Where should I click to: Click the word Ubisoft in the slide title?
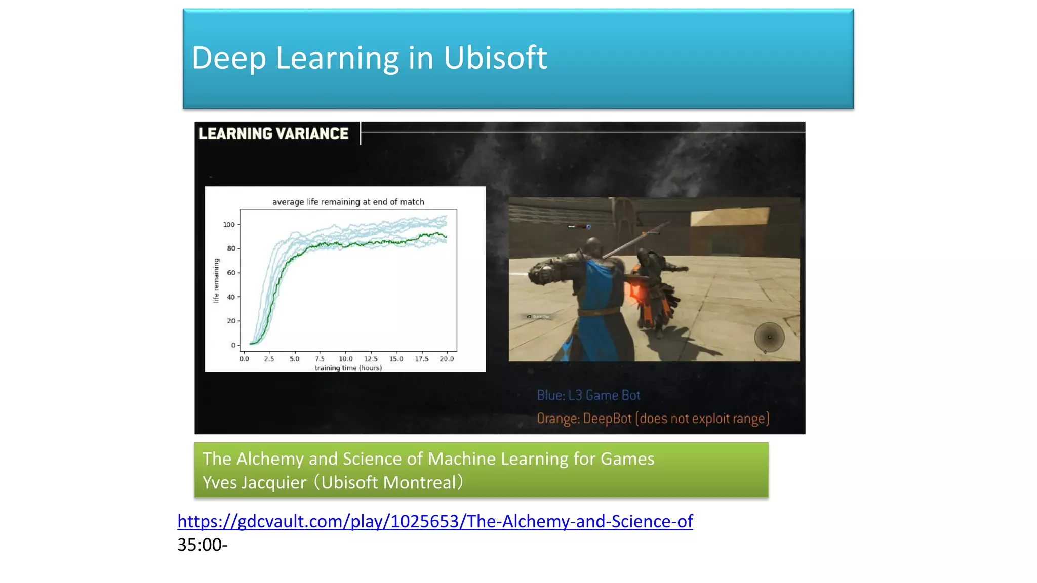[x=495, y=58]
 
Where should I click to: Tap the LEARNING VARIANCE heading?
[x=273, y=134]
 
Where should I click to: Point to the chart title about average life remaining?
[x=348, y=202]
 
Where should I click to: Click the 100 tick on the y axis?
[x=229, y=225]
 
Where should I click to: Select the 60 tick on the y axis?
[x=231, y=273]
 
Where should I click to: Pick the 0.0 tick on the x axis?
[x=244, y=359]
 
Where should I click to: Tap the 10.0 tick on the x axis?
[x=346, y=359]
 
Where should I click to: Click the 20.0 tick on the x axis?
[x=447, y=359]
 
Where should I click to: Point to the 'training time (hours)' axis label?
[x=348, y=368]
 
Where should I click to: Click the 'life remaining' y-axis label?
[x=216, y=280]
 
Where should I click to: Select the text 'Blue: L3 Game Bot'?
[x=588, y=395]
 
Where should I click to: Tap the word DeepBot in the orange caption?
[x=607, y=419]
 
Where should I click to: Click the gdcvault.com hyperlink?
[x=435, y=521]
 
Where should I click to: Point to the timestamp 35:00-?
[x=202, y=545]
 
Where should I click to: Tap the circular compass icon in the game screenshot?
[x=769, y=337]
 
